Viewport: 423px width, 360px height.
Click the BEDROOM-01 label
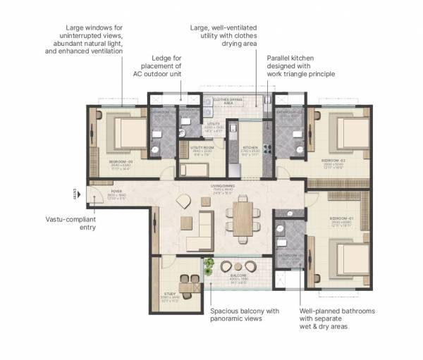point(339,221)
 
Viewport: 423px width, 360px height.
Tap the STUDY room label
point(170,294)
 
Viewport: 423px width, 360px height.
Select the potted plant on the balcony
point(209,266)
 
